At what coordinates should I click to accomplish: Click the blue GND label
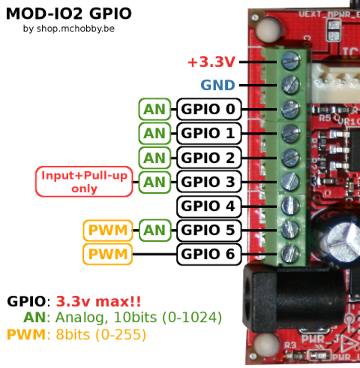tap(217, 86)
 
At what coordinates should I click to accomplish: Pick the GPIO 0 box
tap(209, 110)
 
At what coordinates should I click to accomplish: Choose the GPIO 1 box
tap(209, 134)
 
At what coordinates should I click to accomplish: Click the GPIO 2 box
tap(209, 158)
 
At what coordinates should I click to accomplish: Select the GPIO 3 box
tap(209, 182)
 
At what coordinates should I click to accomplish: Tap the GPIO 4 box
tap(209, 206)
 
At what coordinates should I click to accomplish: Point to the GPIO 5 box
tap(209, 230)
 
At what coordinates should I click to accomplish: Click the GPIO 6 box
tap(209, 254)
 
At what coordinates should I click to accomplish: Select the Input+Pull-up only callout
tap(84, 182)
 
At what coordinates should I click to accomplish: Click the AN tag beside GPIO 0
tap(154, 110)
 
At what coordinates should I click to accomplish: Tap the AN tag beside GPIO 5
tap(154, 230)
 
